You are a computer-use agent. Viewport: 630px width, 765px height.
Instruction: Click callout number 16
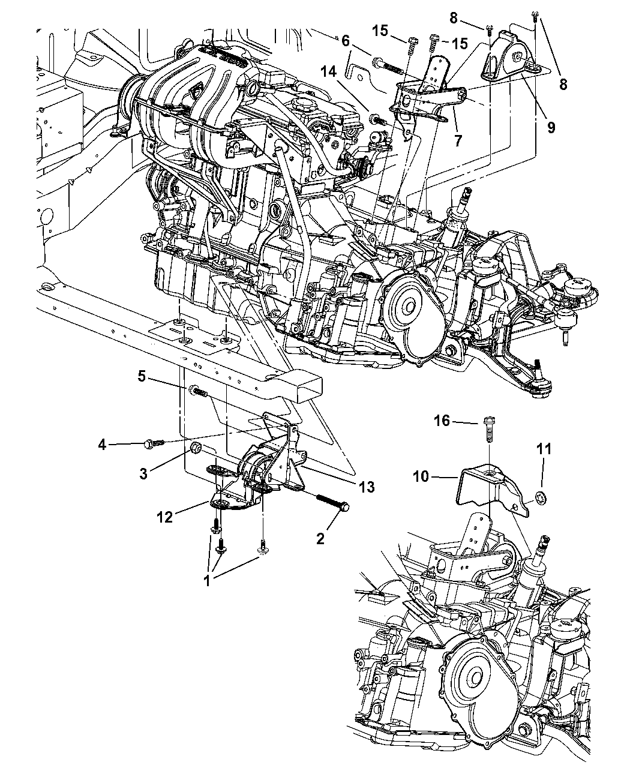(442, 421)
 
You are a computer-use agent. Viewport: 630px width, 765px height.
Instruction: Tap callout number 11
(544, 449)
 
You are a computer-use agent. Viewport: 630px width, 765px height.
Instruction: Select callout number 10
(421, 476)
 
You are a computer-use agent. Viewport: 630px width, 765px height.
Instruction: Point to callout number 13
(367, 487)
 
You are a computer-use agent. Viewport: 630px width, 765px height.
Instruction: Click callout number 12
(164, 517)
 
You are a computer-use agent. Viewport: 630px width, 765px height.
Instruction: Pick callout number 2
(320, 539)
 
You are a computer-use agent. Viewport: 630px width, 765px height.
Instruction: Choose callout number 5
(142, 376)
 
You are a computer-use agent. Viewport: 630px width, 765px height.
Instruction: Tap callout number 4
(102, 445)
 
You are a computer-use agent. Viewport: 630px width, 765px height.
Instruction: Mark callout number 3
(143, 473)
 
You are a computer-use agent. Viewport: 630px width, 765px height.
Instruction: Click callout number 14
(328, 71)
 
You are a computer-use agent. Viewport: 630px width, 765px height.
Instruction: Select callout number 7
(458, 140)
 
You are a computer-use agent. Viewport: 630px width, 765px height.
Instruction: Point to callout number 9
(551, 127)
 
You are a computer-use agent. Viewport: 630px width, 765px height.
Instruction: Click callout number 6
(345, 41)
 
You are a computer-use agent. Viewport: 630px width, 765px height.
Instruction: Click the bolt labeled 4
(155, 443)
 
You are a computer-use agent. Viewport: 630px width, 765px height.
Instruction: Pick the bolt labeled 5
(198, 391)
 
